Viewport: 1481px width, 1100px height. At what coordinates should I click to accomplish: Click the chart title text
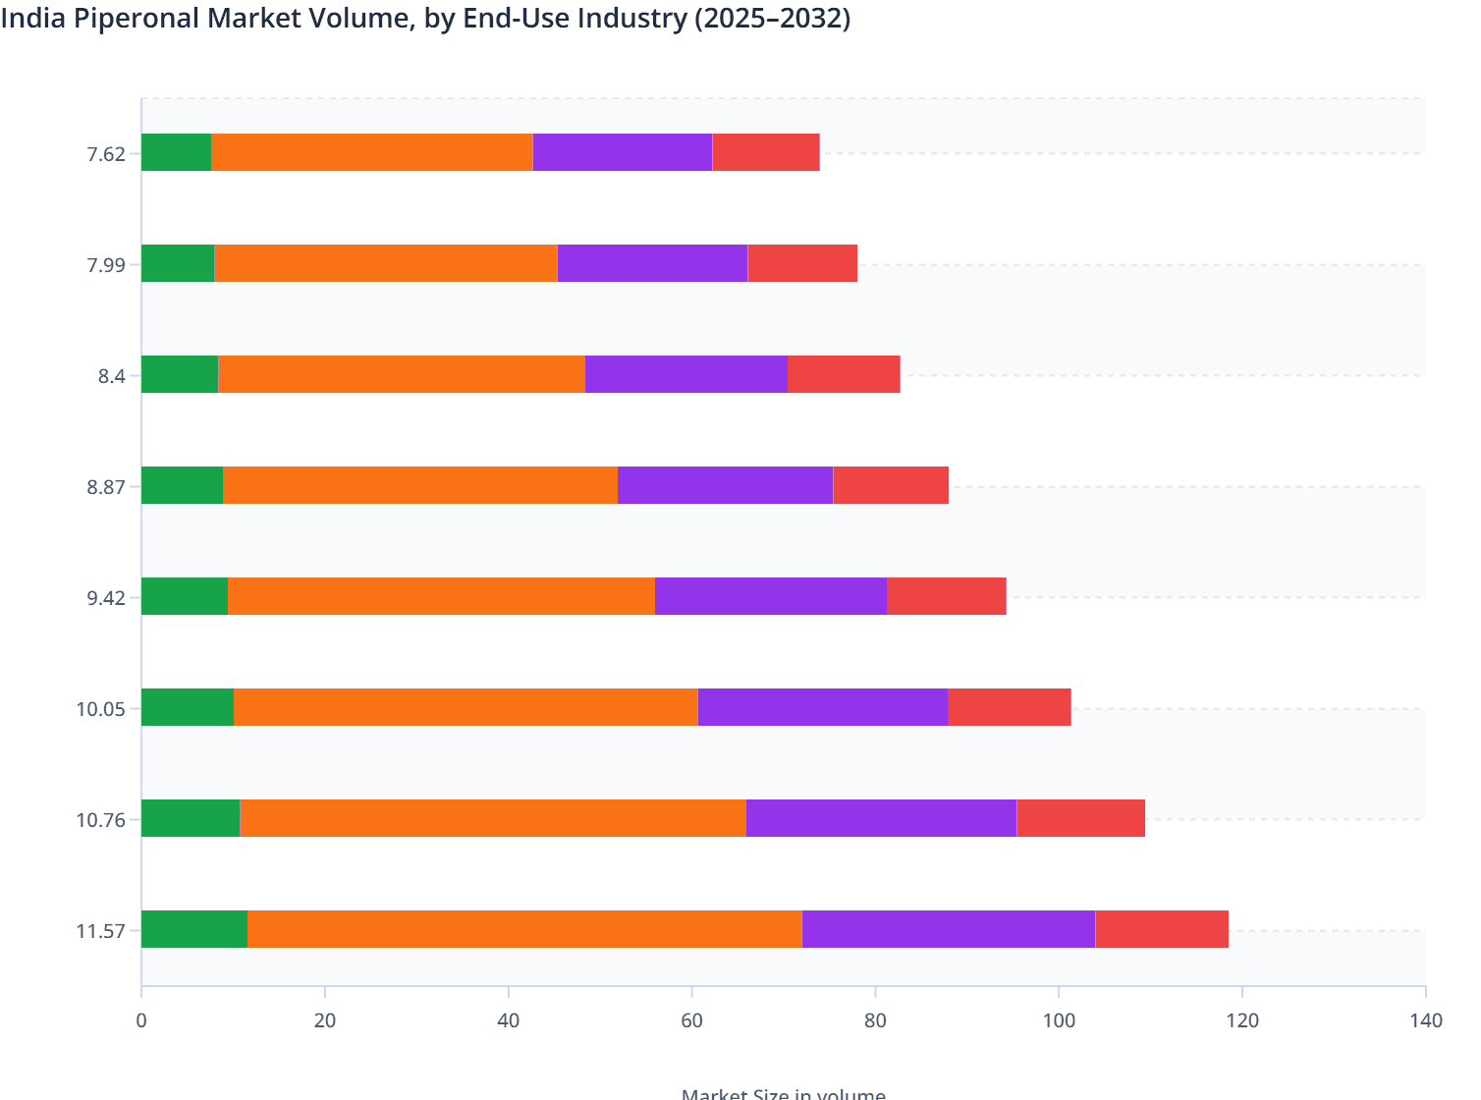pos(425,18)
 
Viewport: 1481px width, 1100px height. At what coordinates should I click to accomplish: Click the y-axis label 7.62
pos(106,153)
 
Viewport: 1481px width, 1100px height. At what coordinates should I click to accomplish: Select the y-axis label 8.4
pos(112,376)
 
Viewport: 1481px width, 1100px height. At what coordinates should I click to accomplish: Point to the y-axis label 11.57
pos(101,931)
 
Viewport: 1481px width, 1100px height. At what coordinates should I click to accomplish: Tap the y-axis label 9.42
pos(106,598)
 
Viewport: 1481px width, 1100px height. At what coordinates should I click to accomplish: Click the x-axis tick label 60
pos(691,1020)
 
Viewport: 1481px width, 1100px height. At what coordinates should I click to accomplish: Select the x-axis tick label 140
pos(1425,1020)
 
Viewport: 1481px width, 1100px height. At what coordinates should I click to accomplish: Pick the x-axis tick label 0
pos(141,1020)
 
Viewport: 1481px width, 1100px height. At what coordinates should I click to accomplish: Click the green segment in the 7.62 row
pos(176,152)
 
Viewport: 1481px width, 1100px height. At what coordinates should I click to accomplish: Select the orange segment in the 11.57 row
pos(524,929)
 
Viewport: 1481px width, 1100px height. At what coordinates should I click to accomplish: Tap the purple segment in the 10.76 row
pos(881,818)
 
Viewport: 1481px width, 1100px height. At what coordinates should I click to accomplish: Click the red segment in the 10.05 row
pos(1010,707)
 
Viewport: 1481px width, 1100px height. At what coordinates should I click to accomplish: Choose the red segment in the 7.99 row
pos(802,263)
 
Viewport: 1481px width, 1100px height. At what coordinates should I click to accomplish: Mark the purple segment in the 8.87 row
pos(725,485)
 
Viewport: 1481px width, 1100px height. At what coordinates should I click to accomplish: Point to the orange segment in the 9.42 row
pos(441,596)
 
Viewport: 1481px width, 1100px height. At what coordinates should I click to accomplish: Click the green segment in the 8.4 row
pos(180,374)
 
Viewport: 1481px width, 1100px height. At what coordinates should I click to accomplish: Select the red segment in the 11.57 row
pos(1162,929)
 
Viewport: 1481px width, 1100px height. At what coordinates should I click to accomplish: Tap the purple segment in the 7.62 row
pos(623,152)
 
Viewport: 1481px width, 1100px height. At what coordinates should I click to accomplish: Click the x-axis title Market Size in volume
pos(783,1093)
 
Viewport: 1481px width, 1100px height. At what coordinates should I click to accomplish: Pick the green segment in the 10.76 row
pos(191,818)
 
